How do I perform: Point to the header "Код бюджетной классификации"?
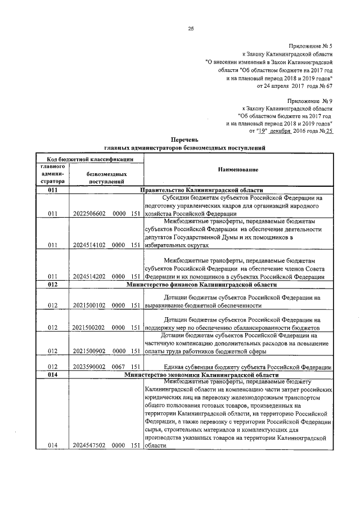[x=89, y=159]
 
